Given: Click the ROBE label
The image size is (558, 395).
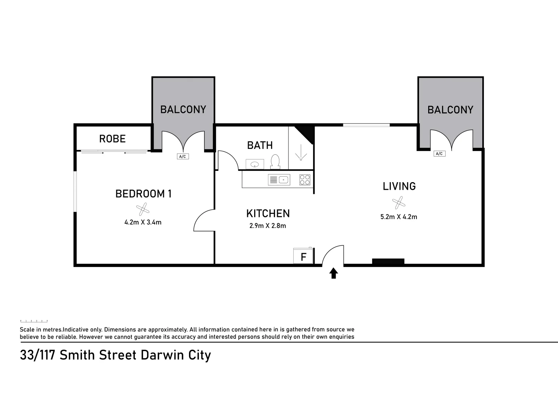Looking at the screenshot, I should pyautogui.click(x=112, y=139).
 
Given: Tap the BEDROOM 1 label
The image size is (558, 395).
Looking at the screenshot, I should pyautogui.click(x=143, y=194).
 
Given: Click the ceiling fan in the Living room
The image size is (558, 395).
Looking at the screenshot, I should pyautogui.click(x=398, y=202).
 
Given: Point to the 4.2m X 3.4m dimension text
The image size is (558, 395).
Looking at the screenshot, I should pyautogui.click(x=143, y=222).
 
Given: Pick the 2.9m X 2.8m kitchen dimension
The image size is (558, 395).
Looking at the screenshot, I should pyautogui.click(x=268, y=226).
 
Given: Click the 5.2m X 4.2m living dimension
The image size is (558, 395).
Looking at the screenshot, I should pyautogui.click(x=399, y=217).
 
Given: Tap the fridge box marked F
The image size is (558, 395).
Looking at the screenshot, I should pyautogui.click(x=303, y=256).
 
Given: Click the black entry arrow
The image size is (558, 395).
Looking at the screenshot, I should pyautogui.click(x=333, y=273).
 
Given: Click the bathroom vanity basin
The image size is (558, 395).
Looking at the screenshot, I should pyautogui.click(x=255, y=164).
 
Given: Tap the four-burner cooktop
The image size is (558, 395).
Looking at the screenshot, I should pyautogui.click(x=305, y=180).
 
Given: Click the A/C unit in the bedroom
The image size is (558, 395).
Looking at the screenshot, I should pyautogui.click(x=182, y=157).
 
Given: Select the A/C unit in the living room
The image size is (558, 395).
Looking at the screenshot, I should pyautogui.click(x=440, y=154).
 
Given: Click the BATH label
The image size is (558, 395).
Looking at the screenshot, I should pyautogui.click(x=260, y=145).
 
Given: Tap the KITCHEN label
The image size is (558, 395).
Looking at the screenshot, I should pyautogui.click(x=268, y=213).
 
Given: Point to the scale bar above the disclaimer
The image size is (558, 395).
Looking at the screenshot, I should pyautogui.click(x=34, y=321).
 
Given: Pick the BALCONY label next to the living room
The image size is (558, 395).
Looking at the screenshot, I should pyautogui.click(x=450, y=110).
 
